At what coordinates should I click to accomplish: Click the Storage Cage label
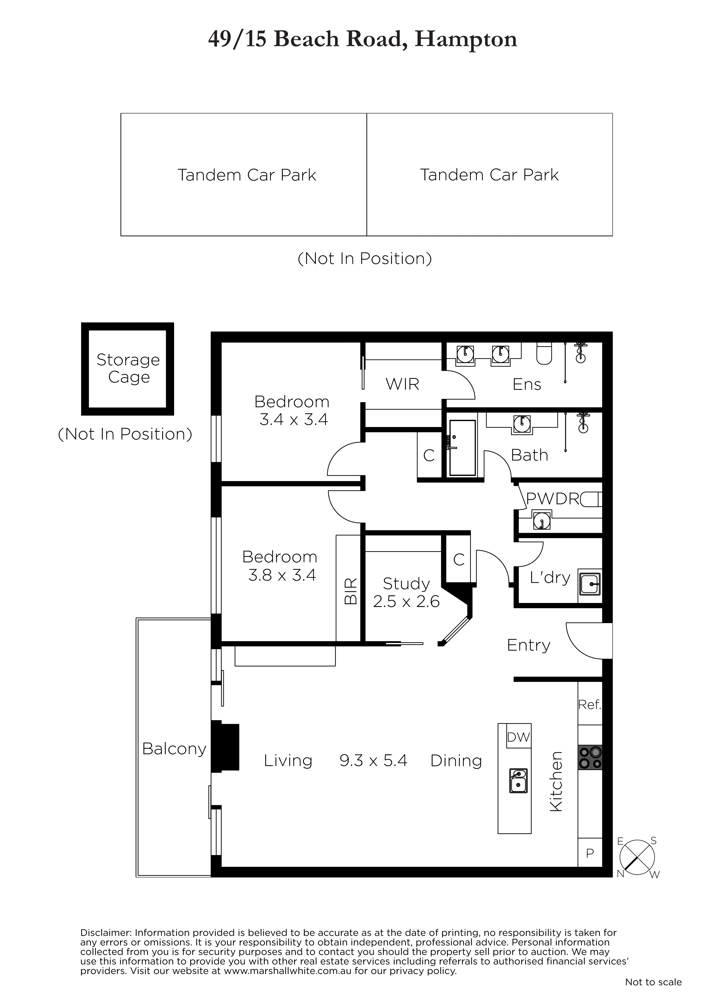(x=128, y=368)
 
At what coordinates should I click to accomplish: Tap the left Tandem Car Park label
(x=247, y=175)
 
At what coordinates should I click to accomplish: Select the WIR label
(x=402, y=384)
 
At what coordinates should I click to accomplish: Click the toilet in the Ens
(x=544, y=354)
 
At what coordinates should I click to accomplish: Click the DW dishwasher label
(x=519, y=737)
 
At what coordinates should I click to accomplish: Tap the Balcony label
(x=174, y=749)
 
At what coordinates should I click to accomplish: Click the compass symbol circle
(x=637, y=857)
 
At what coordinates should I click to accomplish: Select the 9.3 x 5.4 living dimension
(x=373, y=761)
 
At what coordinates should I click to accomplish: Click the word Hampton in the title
(x=466, y=39)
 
